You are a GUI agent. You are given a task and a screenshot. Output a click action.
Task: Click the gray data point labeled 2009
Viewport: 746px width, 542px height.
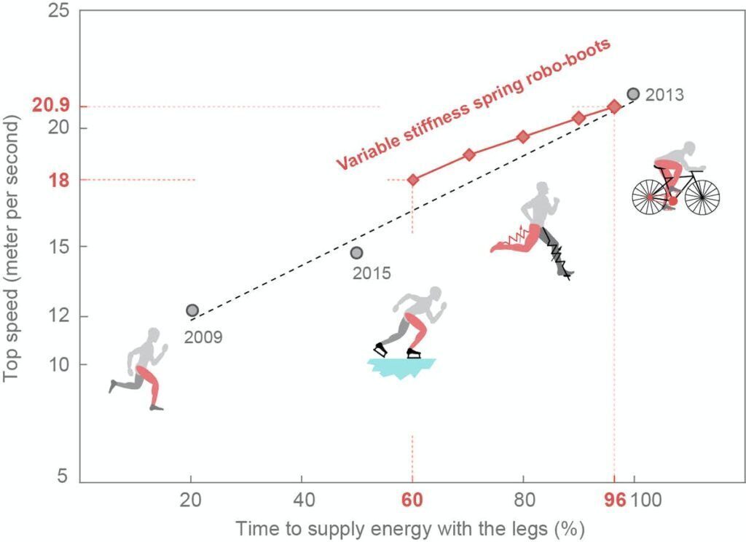click(x=192, y=310)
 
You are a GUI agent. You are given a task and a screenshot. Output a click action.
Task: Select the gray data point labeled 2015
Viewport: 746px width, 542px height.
click(x=356, y=253)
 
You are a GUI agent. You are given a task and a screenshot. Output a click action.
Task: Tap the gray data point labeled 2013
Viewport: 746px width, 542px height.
click(x=633, y=94)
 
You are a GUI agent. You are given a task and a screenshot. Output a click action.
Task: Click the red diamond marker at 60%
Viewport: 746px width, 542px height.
click(x=413, y=179)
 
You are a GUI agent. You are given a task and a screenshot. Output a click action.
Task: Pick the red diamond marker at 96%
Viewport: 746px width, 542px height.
click(x=614, y=106)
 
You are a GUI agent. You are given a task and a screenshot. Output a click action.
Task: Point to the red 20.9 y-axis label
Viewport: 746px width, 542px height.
click(x=50, y=106)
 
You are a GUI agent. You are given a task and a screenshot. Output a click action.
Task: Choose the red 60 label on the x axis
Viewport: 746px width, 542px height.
click(x=413, y=501)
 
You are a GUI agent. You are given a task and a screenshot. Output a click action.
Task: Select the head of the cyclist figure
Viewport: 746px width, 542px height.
click(x=688, y=149)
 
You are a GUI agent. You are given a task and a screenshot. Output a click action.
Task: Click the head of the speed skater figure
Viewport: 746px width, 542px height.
click(x=436, y=294)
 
